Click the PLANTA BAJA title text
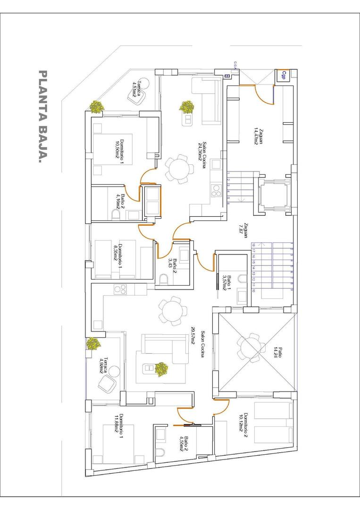[x=43, y=118]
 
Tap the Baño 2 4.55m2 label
[x=184, y=444]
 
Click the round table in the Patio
[x=249, y=348]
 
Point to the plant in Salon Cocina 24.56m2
[x=187, y=107]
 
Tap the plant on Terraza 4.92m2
[x=93, y=343]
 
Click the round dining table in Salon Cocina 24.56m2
[x=179, y=169]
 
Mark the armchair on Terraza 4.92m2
[x=108, y=384]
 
